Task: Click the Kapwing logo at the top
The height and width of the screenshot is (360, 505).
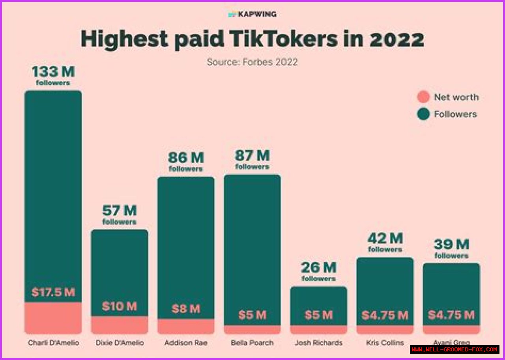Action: (x=252, y=14)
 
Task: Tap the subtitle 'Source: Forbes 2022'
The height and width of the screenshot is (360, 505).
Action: (x=252, y=62)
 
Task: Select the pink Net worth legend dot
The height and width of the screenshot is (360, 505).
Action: (x=423, y=97)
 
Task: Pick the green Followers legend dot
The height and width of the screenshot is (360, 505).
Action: (x=423, y=114)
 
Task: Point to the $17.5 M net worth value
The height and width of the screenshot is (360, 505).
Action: (x=53, y=293)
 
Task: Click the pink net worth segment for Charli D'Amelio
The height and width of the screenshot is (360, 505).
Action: (x=53, y=318)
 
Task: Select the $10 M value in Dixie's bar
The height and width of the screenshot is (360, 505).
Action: (x=119, y=306)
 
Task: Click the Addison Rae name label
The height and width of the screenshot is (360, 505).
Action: (x=186, y=343)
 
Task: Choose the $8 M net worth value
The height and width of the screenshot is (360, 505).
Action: (x=186, y=309)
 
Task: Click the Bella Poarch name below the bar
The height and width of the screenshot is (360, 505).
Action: (x=252, y=343)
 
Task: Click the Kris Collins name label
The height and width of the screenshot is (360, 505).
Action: (x=385, y=343)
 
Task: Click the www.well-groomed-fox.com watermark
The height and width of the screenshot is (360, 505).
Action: (x=454, y=349)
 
